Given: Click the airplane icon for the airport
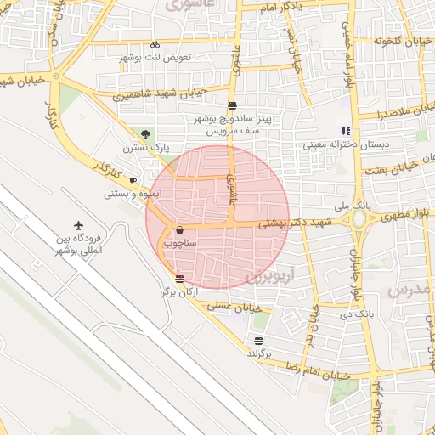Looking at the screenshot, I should (x=80, y=226).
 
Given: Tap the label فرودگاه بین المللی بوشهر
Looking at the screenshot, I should (x=80, y=245).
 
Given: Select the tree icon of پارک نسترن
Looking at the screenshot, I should (x=146, y=133).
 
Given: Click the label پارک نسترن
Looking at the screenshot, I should (x=145, y=148).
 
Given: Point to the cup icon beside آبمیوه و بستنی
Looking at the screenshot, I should (x=133, y=180).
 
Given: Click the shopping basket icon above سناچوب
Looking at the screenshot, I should (x=179, y=229).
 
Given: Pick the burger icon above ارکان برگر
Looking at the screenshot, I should (x=178, y=278).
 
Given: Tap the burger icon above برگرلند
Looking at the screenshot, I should (x=257, y=340).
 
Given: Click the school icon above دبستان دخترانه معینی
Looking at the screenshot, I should (x=345, y=131).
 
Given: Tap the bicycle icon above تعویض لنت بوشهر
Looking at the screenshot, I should (x=155, y=43).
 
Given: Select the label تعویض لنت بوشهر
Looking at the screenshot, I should (x=155, y=57).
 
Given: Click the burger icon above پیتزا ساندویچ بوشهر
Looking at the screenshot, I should (x=232, y=105).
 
